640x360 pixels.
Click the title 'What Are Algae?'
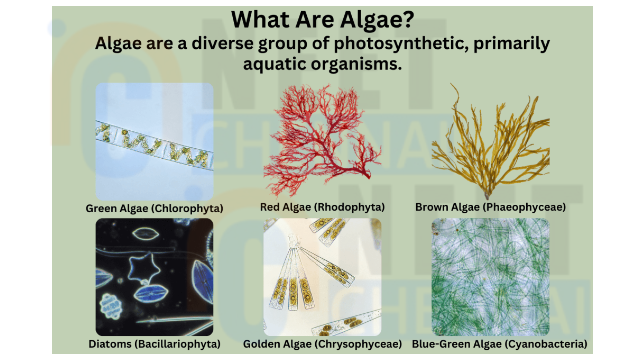click(322, 19)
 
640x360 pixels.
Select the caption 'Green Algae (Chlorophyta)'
click(154, 208)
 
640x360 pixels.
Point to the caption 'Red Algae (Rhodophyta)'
click(322, 207)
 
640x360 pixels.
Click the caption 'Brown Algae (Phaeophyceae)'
click(490, 207)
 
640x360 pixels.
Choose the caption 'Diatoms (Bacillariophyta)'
click(154, 344)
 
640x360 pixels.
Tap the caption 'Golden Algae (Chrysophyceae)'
click(322, 344)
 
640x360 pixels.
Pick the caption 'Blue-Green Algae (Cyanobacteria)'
click(499, 344)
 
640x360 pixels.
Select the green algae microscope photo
click(154, 142)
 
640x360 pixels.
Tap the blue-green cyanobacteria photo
click(490, 277)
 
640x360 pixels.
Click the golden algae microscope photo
click(322, 277)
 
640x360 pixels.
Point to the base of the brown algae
click(487, 196)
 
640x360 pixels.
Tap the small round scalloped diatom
click(110, 306)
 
